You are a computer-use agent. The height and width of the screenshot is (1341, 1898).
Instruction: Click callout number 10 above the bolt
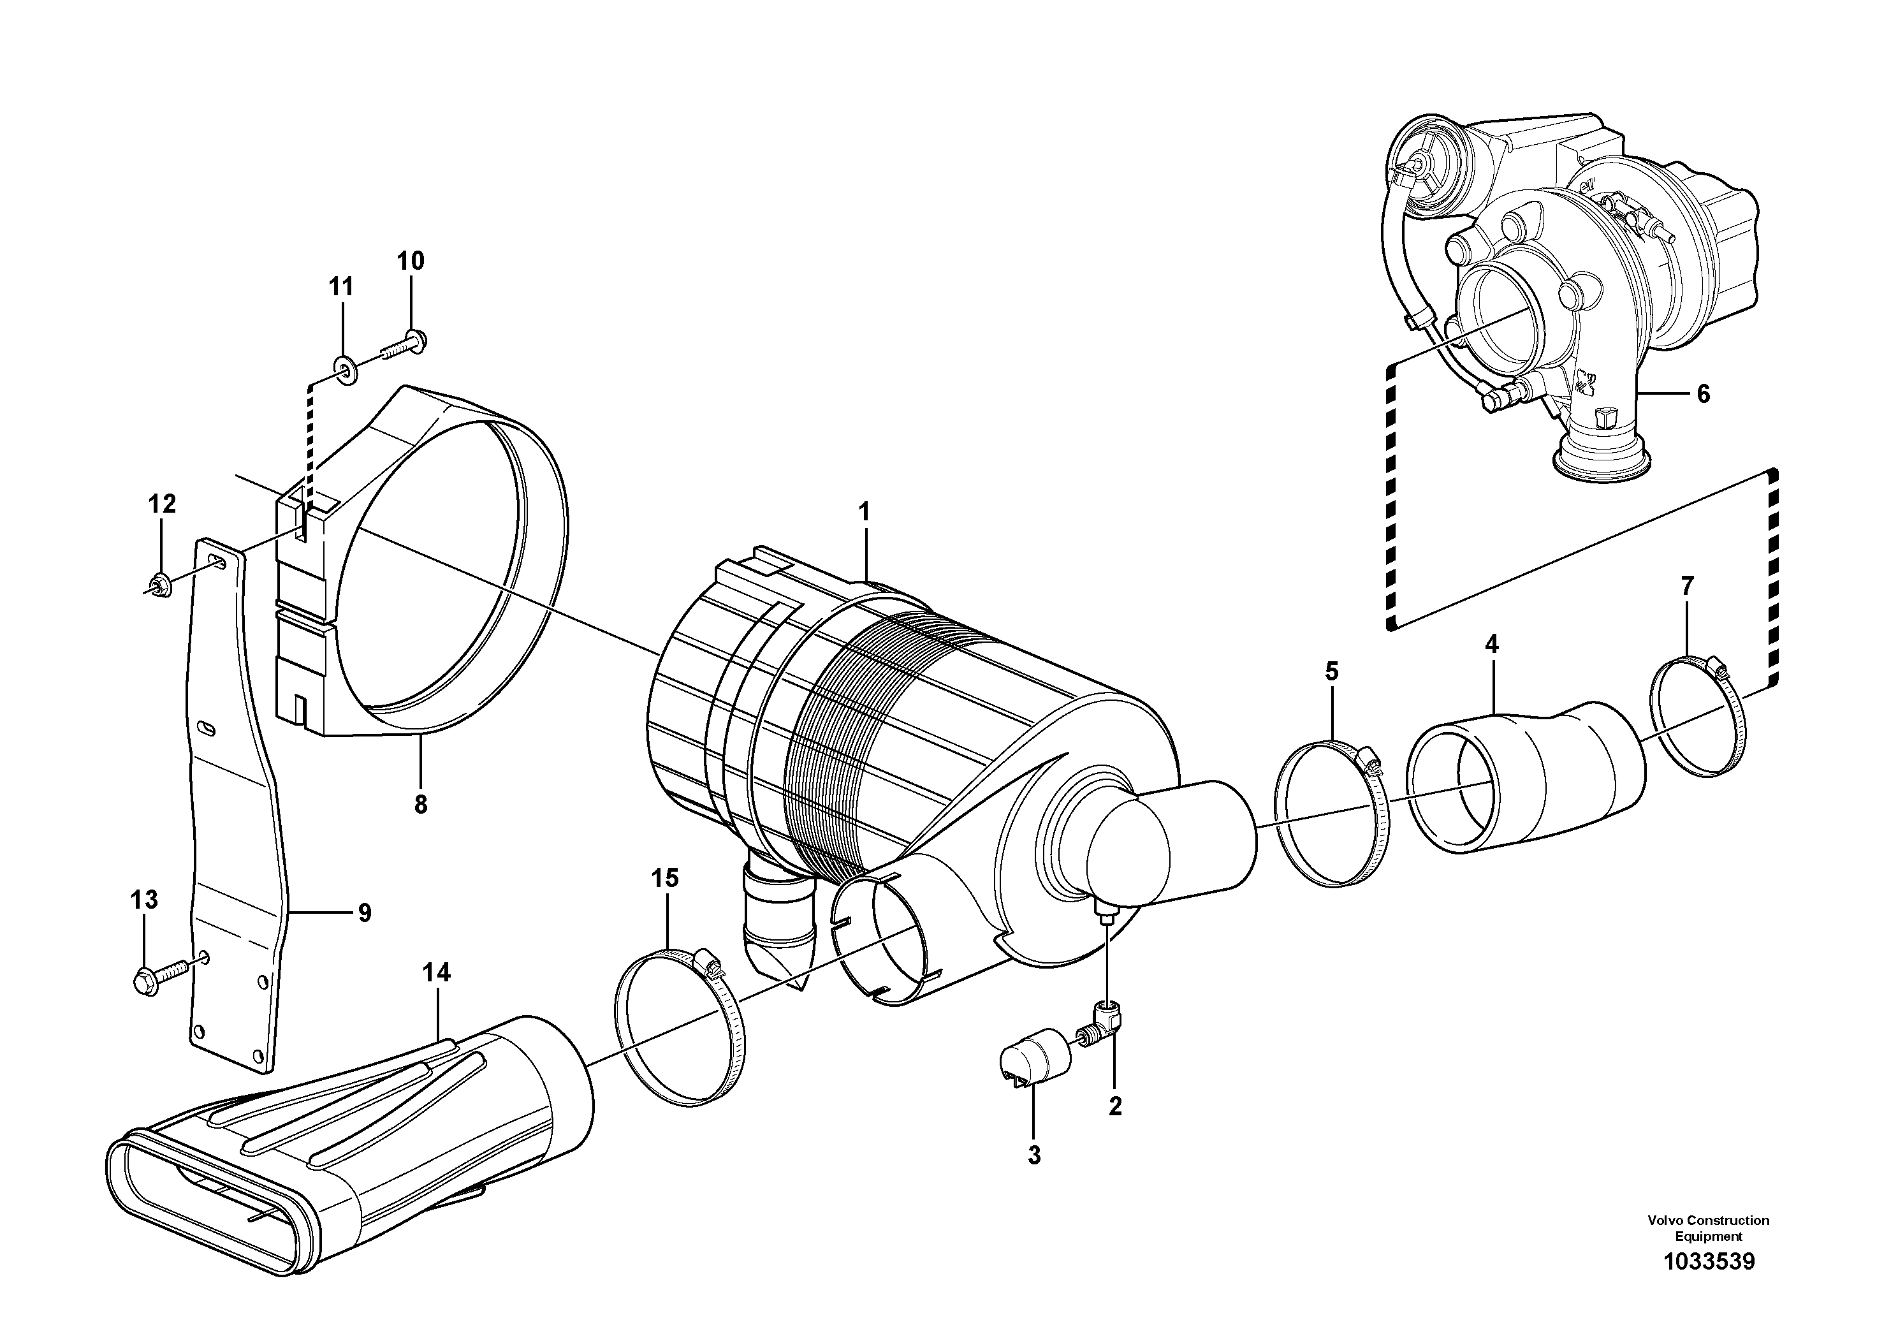pos(410,261)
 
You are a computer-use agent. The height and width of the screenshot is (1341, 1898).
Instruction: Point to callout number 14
pos(437,973)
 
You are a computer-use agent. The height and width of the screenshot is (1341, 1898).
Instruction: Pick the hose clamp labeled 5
pos(1332,814)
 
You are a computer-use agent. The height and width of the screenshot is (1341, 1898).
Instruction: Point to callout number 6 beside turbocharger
pos(1703,394)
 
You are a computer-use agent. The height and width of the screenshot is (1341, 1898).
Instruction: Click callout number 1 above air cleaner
pos(864,513)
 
